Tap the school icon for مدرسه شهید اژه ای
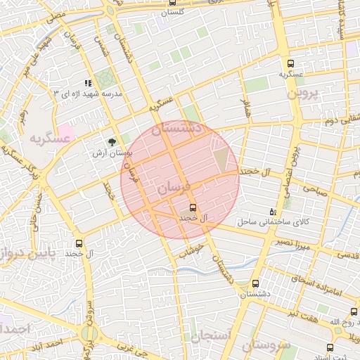click(x=87, y=83)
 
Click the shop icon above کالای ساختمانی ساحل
click(x=273, y=212)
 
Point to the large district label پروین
click(x=307, y=92)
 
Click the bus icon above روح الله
click(x=353, y=312)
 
